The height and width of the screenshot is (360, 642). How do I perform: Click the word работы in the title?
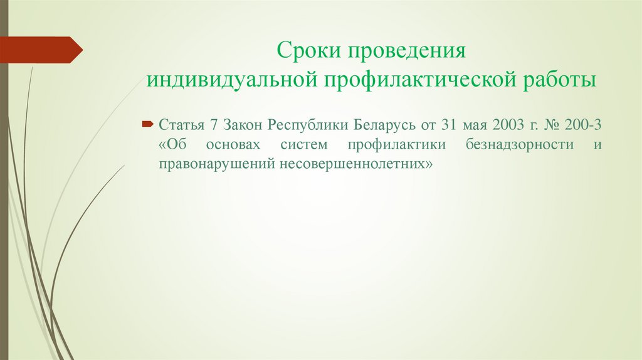point(560,81)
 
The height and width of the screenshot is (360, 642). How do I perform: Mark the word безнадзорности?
point(520,144)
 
